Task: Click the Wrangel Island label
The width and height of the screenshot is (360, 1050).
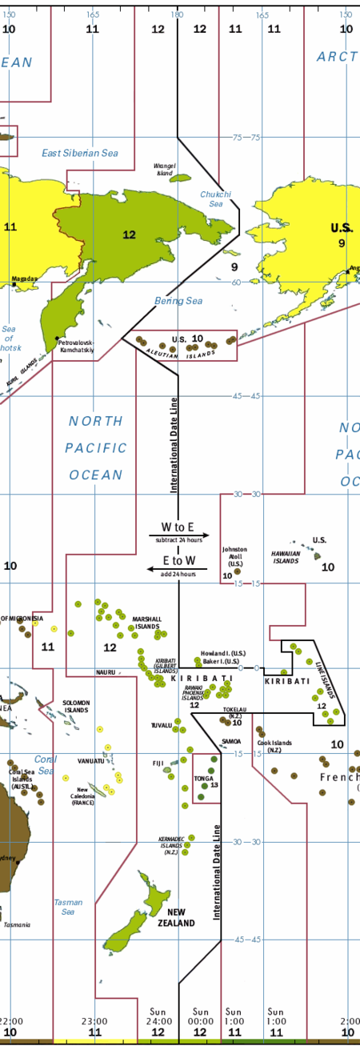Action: (x=165, y=169)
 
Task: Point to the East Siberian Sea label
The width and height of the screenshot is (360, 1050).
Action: (x=79, y=153)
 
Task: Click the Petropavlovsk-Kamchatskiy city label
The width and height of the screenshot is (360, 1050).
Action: (x=77, y=346)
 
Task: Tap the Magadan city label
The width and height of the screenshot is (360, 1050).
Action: (x=24, y=279)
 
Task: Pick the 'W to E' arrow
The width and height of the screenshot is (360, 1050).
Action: (x=178, y=535)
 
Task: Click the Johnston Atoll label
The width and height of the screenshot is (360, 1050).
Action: (x=234, y=556)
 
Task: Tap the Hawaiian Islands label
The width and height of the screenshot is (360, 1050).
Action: (x=286, y=557)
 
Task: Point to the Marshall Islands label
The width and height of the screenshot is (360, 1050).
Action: (x=146, y=623)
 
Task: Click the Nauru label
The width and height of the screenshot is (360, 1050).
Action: (x=106, y=672)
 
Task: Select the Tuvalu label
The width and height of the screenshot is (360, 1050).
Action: (x=162, y=726)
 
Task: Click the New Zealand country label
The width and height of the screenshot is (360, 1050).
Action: (x=181, y=917)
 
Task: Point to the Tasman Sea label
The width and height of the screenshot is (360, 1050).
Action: (x=68, y=907)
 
